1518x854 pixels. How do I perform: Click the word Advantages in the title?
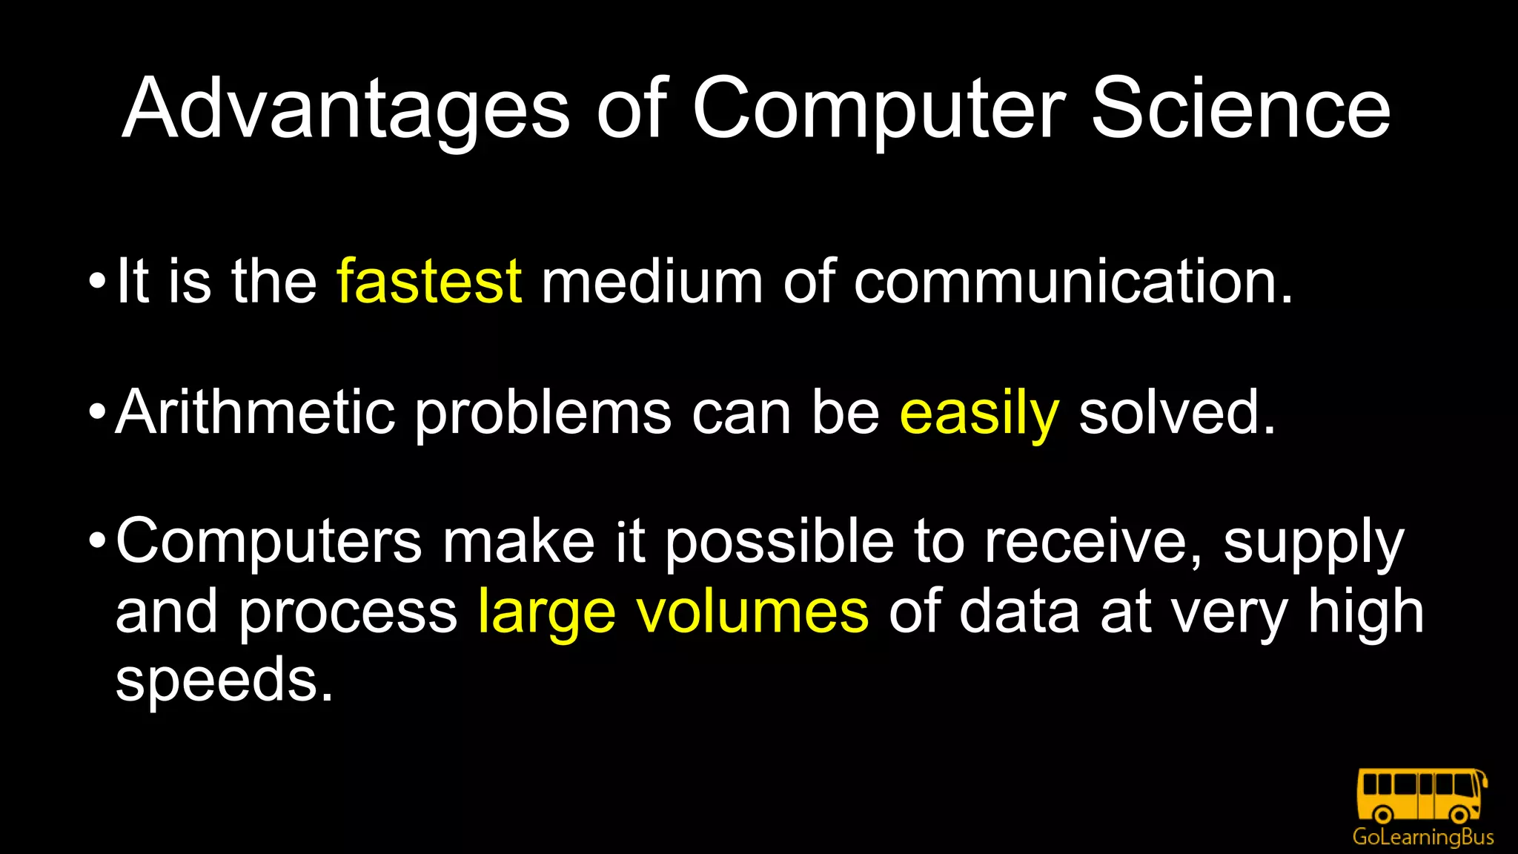(346, 109)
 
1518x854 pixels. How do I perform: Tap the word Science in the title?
(1241, 109)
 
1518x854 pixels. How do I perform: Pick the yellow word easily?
(978, 414)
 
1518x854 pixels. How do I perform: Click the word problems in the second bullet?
(543, 414)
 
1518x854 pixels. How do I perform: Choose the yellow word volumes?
(752, 612)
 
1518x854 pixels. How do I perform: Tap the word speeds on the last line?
(224, 681)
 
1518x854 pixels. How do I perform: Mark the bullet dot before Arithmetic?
(97, 411)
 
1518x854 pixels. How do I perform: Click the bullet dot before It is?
(97, 282)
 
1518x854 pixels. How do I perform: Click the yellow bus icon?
(1422, 795)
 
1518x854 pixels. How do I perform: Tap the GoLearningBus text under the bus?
(1422, 837)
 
